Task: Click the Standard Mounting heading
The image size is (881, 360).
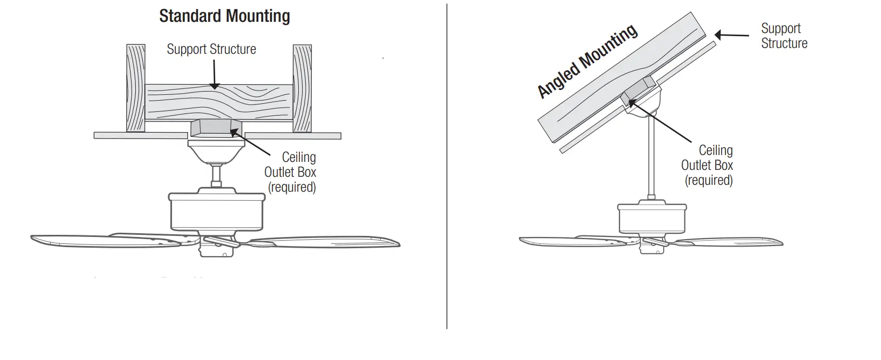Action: point(224,17)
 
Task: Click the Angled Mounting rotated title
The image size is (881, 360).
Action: point(587,61)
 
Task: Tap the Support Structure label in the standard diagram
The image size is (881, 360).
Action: point(211,50)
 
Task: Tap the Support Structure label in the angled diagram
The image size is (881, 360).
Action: point(784,36)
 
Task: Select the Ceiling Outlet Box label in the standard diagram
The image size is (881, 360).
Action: point(291,172)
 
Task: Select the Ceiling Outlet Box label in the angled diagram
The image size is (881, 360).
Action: point(708,165)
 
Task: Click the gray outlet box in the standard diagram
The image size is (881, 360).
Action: point(216,129)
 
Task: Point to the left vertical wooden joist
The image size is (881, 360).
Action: point(136,88)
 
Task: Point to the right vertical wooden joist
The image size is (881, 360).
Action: point(302,88)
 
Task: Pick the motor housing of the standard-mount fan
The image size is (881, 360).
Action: point(217,211)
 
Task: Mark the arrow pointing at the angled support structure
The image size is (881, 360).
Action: point(731,36)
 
